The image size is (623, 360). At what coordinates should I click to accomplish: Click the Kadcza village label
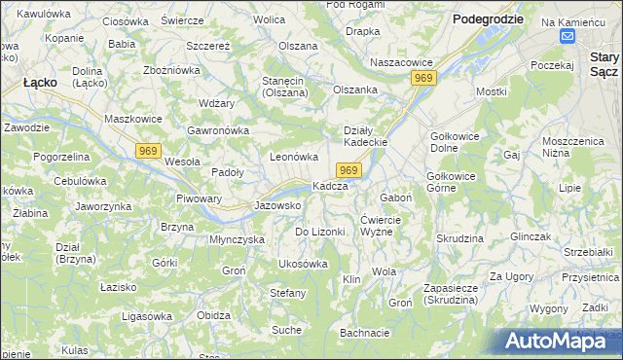330,186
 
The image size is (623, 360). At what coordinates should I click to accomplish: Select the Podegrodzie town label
488,18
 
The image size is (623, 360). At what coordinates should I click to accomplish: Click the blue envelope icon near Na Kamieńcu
568,36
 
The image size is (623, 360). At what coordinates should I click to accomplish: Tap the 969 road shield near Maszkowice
148,150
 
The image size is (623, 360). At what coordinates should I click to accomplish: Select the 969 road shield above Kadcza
351,170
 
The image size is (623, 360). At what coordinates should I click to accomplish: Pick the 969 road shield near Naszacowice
422,78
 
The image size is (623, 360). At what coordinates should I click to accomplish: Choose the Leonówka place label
294,156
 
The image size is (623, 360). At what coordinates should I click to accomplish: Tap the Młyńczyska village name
238,238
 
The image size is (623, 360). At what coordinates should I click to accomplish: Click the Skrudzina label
460,238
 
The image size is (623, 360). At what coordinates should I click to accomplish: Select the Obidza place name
213,315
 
